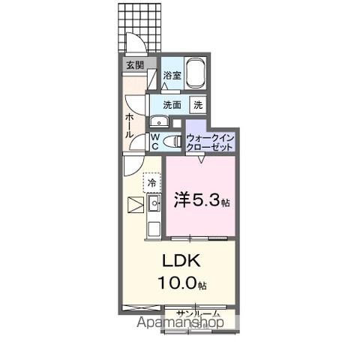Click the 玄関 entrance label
(135, 65)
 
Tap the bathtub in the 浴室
(196, 75)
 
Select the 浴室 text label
(172, 75)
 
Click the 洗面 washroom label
(172, 105)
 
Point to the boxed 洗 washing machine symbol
(199, 105)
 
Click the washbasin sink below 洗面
(160, 122)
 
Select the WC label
(154, 142)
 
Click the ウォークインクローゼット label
(211, 142)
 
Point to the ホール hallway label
(130, 124)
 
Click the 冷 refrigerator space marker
(152, 182)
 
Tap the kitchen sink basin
(155, 202)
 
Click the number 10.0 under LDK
(180, 283)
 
